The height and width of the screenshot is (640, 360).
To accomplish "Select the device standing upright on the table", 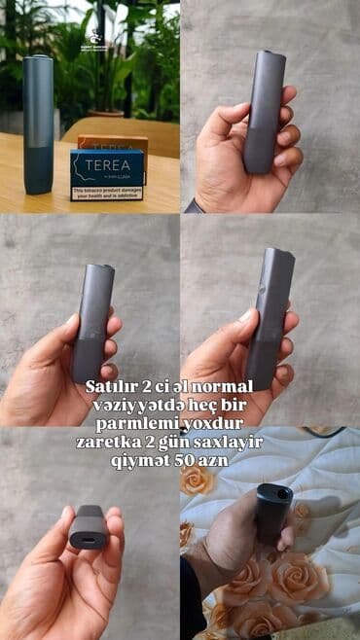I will (x=39, y=124).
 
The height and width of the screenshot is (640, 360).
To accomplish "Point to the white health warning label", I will (x=106, y=193).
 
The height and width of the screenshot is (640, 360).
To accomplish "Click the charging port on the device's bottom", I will (x=90, y=535).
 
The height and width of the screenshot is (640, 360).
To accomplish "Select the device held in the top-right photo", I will (x=265, y=112).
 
